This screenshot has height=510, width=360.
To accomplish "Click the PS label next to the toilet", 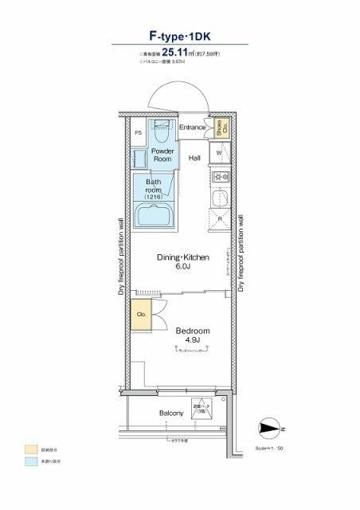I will [138, 133].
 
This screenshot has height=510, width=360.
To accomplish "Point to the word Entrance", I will [192, 127].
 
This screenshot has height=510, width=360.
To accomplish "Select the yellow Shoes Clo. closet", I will [220, 127].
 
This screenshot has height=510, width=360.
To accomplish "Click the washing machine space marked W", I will [220, 152].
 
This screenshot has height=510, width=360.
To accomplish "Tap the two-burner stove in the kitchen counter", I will [221, 176].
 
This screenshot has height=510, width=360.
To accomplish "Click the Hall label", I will [194, 159].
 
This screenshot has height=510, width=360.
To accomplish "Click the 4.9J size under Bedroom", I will [191, 342].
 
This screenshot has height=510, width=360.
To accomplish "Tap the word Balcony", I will [170, 413].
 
